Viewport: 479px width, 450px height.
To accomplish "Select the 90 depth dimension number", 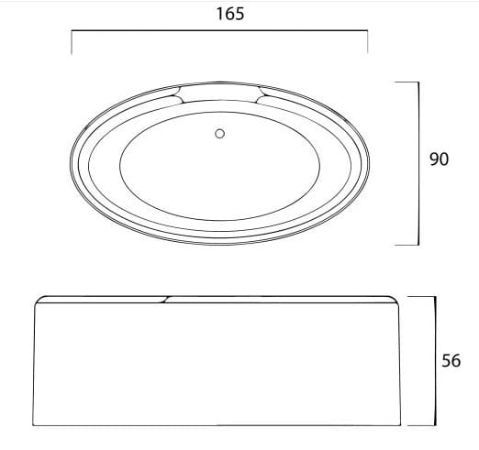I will pos(439,159).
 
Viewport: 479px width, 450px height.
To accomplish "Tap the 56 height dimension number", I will pos(450,360).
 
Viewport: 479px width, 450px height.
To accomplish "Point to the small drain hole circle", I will pos(218,135).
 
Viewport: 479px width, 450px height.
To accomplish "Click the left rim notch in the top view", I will pos(176,94).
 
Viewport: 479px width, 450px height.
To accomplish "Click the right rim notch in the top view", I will pos(262,94).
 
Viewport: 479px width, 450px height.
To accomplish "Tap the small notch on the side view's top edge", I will pos(166,298).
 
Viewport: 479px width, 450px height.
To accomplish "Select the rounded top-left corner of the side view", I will pos(39,301).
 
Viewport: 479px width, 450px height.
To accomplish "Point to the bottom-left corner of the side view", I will pos(37,425).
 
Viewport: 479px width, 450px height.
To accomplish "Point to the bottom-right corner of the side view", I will pos(399,425).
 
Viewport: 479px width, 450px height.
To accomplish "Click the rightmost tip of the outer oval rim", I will pos(373,161).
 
